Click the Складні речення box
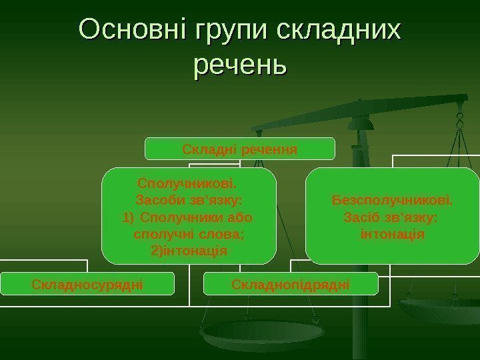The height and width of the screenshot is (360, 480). pos(240,149)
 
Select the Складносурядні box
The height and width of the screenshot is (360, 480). pos(87,285)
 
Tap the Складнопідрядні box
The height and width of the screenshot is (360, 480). pos(291,285)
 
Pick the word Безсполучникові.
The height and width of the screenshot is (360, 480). pos(392,200)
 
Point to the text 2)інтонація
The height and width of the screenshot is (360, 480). pos(189,251)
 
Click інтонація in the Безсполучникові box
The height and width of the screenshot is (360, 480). pos(392,235)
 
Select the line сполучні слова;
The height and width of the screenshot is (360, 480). pos(189,235)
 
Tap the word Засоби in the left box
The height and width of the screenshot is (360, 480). pos(157,200)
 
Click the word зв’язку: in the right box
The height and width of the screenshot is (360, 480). pos(413,217)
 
